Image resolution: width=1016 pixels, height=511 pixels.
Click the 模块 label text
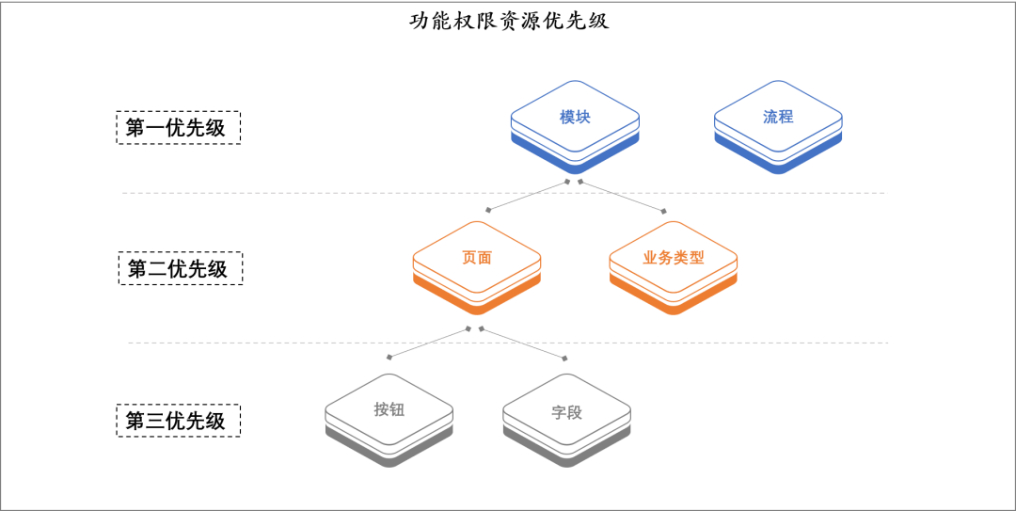point(575,118)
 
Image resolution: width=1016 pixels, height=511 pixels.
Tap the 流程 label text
point(778,118)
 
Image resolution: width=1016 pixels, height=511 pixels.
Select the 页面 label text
point(477,258)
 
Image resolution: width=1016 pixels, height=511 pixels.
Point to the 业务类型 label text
point(674,258)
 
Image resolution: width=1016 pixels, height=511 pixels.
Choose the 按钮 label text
point(389,410)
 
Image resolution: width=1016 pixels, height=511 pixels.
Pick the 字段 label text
point(566,412)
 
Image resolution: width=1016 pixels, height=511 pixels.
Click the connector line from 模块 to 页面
point(527,196)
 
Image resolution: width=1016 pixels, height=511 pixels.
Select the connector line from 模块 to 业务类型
point(622,196)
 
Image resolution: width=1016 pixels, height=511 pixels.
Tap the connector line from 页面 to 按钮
point(429,343)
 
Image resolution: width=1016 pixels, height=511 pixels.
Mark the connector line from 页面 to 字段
point(523,343)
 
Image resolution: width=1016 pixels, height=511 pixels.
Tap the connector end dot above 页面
point(487,211)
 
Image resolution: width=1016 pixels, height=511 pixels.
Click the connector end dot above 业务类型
point(664,211)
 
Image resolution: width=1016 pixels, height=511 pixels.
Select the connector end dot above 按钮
point(389,358)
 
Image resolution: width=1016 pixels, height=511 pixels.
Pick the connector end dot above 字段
point(565,359)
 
